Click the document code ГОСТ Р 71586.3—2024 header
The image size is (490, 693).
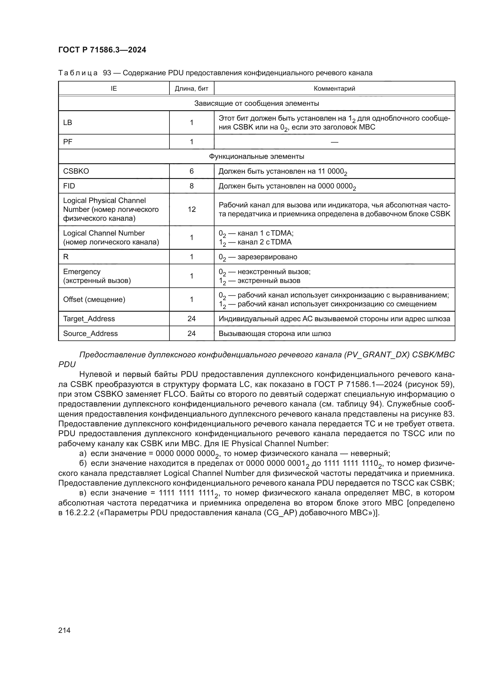click(102, 50)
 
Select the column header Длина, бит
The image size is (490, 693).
click(191, 88)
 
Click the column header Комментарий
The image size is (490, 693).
click(334, 88)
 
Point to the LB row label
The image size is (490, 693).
click(68, 123)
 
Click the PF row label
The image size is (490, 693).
click(68, 142)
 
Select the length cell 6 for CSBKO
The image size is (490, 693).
click(191, 171)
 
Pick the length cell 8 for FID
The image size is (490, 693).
click(191, 186)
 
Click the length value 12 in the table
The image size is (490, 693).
click(191, 209)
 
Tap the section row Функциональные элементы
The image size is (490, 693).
click(257, 156)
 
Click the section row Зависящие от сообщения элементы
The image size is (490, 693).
click(257, 103)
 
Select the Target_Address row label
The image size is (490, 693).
click(89, 319)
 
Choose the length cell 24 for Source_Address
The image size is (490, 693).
click(191, 334)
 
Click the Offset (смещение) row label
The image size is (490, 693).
click(94, 300)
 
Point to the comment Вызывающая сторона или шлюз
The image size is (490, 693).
click(275, 334)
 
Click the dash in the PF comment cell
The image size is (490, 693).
click(334, 142)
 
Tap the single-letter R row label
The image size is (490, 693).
click(66, 257)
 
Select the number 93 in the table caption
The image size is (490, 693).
click(107, 73)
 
